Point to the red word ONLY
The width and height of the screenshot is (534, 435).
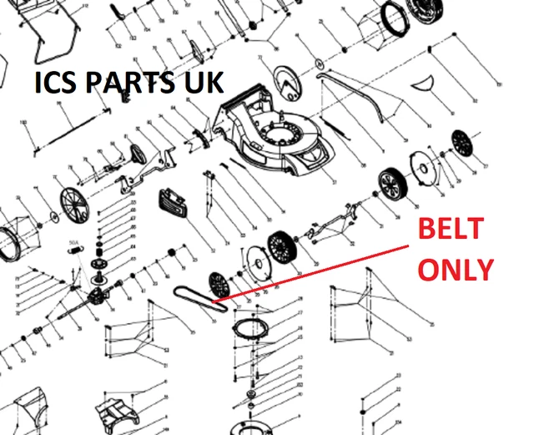pos(455,269)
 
